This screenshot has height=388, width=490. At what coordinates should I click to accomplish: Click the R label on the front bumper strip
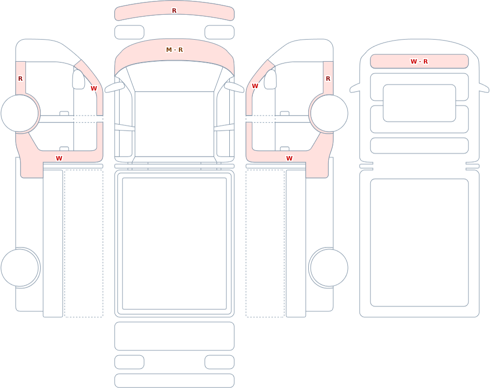(174, 11)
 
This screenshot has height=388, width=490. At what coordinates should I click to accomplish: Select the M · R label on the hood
(174, 49)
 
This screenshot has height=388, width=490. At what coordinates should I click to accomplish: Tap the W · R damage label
(419, 62)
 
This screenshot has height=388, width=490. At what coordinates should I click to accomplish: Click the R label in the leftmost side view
(20, 79)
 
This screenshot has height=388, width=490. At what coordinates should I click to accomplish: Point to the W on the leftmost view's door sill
(59, 158)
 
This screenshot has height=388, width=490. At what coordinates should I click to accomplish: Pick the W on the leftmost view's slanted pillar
(94, 89)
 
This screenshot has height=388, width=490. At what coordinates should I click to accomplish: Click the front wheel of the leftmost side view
(20, 114)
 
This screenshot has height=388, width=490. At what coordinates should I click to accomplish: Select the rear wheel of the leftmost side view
(20, 268)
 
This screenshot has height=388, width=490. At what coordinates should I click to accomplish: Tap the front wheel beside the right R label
(329, 114)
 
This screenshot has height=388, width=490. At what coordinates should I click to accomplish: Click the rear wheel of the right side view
(329, 268)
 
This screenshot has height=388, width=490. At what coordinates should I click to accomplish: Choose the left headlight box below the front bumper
(129, 32)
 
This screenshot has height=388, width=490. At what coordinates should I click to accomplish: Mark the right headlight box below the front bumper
(220, 32)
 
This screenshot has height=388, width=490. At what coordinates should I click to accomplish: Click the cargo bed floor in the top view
(174, 244)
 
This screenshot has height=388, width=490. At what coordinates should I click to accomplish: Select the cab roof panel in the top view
(174, 124)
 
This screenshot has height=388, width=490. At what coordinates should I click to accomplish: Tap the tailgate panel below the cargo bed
(174, 336)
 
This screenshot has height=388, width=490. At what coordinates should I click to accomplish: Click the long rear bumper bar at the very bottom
(174, 381)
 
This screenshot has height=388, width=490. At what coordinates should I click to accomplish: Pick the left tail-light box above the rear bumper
(129, 362)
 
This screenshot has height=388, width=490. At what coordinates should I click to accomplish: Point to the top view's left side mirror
(114, 88)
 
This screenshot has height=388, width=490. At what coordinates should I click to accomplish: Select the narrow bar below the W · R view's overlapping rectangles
(419, 145)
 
